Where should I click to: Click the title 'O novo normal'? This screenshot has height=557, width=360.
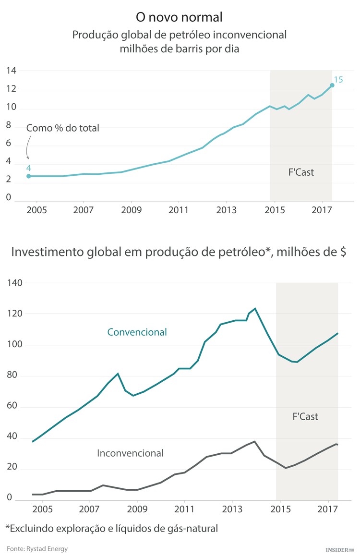pos(179,18)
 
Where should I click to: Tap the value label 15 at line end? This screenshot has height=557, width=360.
pos(338,80)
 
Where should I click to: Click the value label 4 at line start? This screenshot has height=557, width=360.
pos(28,168)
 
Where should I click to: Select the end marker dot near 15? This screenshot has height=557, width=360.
pos(332,85)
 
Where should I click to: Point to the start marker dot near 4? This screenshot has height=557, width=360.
pos(29,176)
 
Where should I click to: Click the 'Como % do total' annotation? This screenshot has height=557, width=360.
pos(62,128)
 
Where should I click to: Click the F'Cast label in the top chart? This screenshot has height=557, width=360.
pos(301,172)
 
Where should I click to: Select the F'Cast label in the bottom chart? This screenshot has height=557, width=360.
pos(305,416)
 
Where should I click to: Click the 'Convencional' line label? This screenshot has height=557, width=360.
pos(137,332)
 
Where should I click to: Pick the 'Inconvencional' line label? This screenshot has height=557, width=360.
pos(130,453)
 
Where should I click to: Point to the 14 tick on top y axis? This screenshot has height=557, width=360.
pos(11,71)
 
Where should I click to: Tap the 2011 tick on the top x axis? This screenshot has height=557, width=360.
pos(178,210)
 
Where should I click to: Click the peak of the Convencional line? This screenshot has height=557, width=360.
pos(255,308)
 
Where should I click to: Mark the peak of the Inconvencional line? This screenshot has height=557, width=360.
pos(254,441)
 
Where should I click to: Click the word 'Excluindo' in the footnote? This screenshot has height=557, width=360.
pos(30,528)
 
